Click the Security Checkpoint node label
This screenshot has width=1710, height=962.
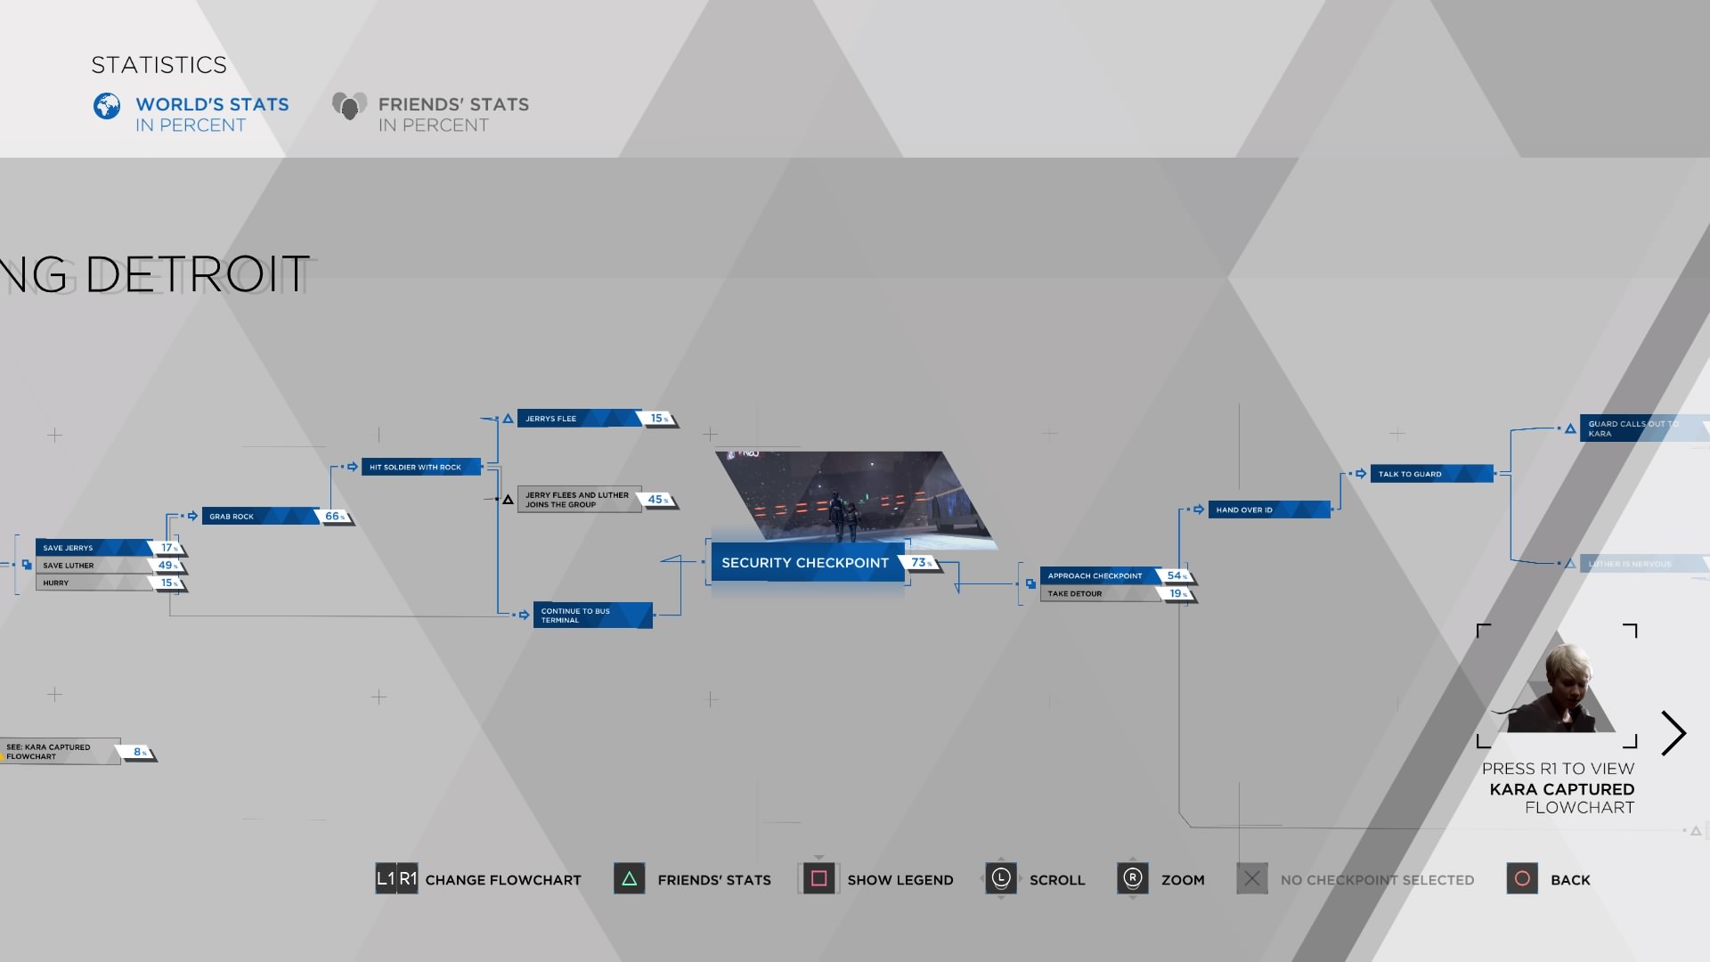(805, 563)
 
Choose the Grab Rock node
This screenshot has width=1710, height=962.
(259, 517)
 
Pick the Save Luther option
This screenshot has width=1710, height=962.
(94, 566)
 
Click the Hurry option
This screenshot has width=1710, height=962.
(94, 583)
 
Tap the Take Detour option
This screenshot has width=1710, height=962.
(1100, 594)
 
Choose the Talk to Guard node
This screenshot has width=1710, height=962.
(1430, 474)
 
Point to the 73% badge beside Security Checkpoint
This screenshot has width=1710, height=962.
(921, 563)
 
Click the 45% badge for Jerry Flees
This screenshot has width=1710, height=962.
(657, 500)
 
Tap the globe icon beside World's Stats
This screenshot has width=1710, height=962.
(107, 107)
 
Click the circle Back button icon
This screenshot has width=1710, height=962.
(1522, 879)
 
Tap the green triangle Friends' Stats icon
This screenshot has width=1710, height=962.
(629, 879)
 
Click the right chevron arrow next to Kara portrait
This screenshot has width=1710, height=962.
(1673, 733)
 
